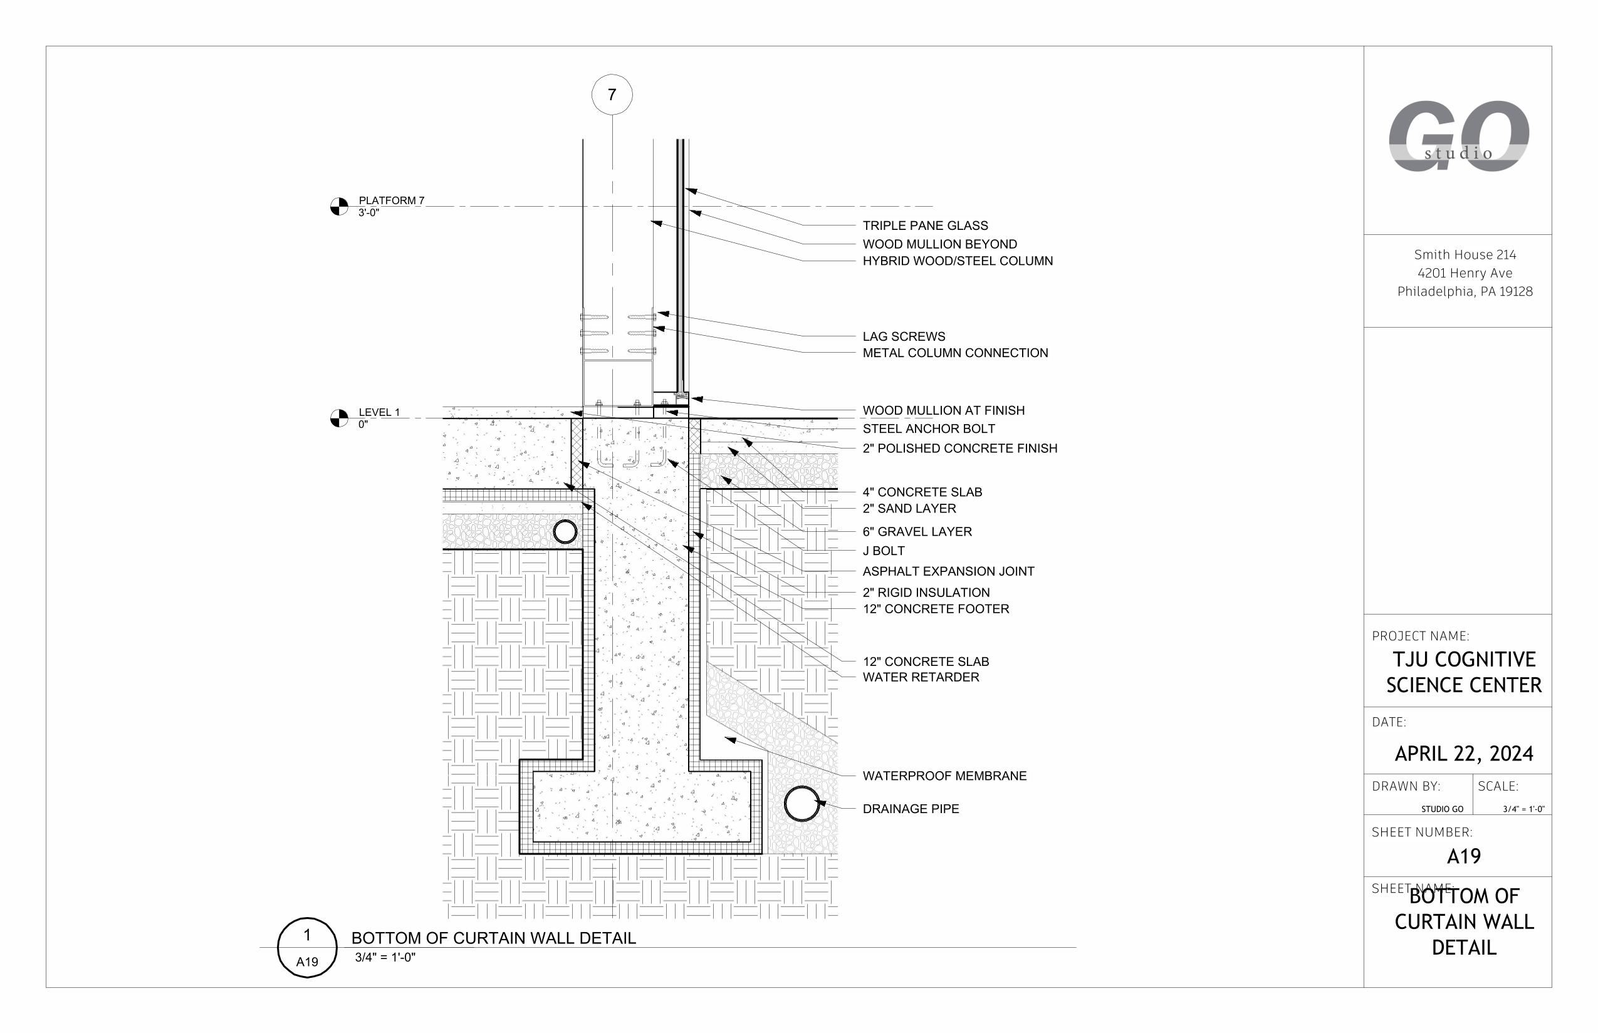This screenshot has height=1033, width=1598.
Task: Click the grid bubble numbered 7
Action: (611, 95)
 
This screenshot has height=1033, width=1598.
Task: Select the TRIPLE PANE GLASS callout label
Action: (924, 226)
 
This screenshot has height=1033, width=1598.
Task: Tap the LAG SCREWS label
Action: (903, 336)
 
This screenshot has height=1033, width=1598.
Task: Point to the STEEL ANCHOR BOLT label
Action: (928, 428)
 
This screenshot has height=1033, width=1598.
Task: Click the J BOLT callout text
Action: (883, 551)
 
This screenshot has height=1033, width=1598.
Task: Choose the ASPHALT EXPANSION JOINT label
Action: (948, 571)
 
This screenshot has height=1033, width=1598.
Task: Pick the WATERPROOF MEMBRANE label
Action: (944, 776)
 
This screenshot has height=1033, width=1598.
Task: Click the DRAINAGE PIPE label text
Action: (911, 808)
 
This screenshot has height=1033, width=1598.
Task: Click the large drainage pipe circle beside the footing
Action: (802, 804)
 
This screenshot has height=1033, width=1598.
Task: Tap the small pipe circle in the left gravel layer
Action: (565, 531)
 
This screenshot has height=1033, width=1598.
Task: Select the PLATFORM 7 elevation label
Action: (391, 200)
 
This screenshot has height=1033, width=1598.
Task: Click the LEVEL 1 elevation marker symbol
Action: (340, 418)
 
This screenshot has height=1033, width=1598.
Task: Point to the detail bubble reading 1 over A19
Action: (307, 947)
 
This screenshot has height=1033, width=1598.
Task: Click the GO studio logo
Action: (1458, 137)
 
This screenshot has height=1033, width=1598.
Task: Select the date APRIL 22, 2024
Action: (1463, 753)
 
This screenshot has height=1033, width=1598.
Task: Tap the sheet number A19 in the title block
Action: (1463, 856)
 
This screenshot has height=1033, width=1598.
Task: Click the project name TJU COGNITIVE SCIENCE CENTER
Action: (1463, 672)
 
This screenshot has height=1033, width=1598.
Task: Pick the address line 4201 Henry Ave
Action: (1465, 273)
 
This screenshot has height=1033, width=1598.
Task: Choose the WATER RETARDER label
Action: (921, 677)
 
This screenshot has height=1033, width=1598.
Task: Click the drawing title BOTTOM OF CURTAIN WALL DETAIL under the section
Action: (493, 938)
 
